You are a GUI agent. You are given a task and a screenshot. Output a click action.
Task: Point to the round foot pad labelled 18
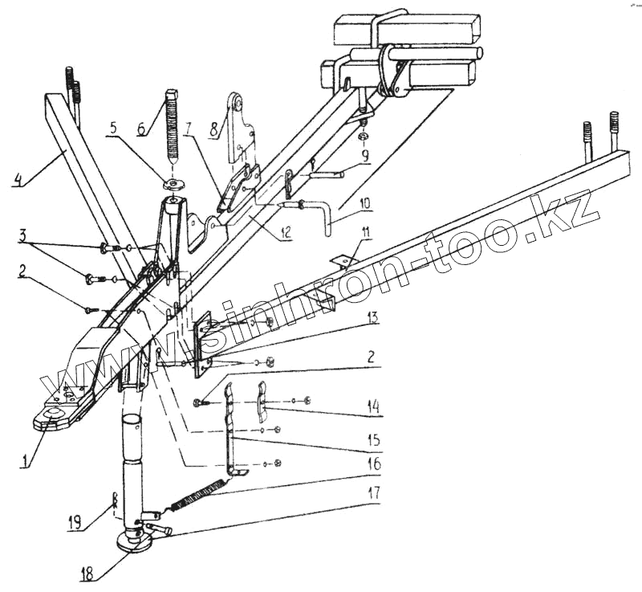132,541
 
